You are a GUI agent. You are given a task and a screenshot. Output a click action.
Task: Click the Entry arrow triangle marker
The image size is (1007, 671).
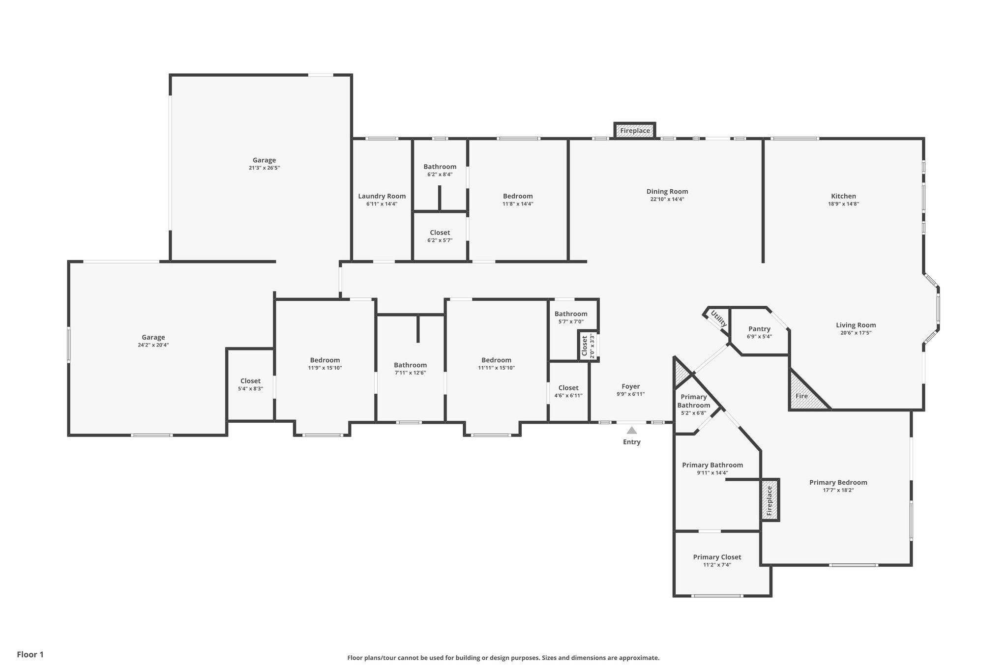pyautogui.click(x=632, y=431)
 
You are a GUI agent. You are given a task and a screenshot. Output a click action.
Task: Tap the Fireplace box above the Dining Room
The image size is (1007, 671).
pyautogui.click(x=635, y=131)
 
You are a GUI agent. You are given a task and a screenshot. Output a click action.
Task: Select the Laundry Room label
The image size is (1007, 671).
pyautogui.click(x=382, y=196)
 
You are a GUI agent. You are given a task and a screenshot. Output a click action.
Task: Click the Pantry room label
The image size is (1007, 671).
pyautogui.click(x=759, y=329)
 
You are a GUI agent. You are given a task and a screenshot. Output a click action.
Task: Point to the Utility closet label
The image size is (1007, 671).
pyautogui.click(x=718, y=319)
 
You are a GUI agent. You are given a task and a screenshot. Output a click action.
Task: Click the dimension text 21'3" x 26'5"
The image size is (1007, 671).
pyautogui.click(x=264, y=168)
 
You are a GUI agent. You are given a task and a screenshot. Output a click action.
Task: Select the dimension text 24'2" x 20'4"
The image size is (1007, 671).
pyautogui.click(x=153, y=345)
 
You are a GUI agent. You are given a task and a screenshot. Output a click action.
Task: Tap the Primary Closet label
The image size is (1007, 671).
pyautogui.click(x=717, y=557)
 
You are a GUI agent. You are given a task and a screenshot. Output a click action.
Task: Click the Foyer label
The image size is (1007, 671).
pyautogui.click(x=630, y=386)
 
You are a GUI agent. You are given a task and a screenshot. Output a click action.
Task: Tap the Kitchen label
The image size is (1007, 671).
pyautogui.click(x=843, y=196)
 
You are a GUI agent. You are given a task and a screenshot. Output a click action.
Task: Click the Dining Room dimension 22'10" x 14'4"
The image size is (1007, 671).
pyautogui.click(x=667, y=200)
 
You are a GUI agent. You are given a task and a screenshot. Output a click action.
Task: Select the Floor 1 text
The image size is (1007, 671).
pyautogui.click(x=30, y=654)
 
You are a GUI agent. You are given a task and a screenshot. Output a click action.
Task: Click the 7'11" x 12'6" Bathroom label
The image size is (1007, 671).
pyautogui.click(x=410, y=365)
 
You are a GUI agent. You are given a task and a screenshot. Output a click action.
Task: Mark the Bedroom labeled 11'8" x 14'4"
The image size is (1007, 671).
pyautogui.click(x=517, y=196)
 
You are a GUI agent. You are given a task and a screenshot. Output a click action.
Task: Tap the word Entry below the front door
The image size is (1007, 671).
pyautogui.click(x=632, y=442)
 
